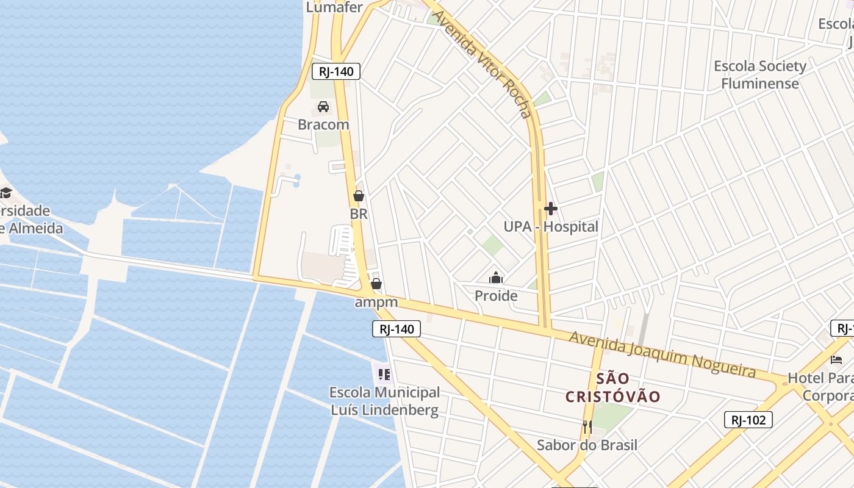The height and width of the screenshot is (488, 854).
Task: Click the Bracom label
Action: [x=323, y=124]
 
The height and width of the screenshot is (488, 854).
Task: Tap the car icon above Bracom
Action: [x=323, y=107]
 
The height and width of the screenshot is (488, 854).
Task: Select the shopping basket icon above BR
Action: [x=359, y=196]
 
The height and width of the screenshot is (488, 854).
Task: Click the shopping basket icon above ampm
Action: [x=376, y=284]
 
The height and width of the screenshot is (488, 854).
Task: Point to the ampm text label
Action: [x=376, y=302]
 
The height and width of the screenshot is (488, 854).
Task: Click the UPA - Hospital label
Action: [x=551, y=227]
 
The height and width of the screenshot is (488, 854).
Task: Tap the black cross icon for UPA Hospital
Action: [x=551, y=209]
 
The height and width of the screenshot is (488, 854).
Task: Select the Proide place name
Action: [x=497, y=296]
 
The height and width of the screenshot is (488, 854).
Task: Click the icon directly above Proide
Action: [x=497, y=278]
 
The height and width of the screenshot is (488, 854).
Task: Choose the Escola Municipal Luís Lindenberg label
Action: [x=384, y=401]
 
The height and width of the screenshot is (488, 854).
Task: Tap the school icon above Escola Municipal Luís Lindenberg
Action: [x=384, y=374]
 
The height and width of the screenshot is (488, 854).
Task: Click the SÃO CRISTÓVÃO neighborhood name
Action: [x=612, y=387]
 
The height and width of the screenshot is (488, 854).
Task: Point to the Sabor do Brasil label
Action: [x=587, y=445]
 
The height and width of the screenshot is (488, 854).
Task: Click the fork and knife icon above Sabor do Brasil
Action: [x=587, y=426]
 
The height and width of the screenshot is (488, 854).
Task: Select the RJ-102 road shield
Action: [x=748, y=420]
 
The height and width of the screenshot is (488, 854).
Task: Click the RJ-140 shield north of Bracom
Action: [x=336, y=71]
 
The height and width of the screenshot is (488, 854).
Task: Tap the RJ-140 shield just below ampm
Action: [x=396, y=329]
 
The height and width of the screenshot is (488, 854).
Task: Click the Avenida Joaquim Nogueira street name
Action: [x=662, y=354]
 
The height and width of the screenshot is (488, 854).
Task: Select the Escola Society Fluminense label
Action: [x=760, y=74]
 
